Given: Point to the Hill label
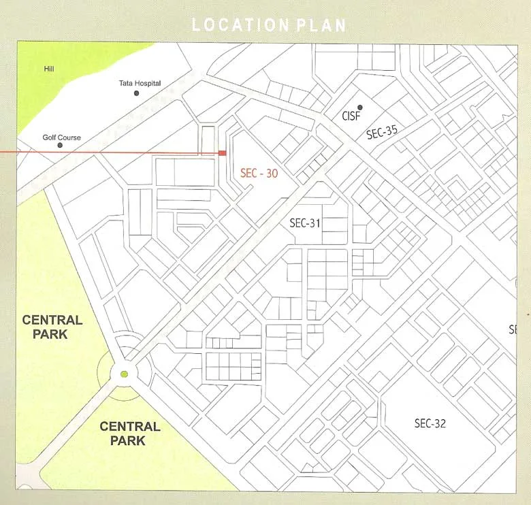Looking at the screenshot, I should [x=48, y=69].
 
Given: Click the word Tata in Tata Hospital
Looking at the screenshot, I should [x=126, y=83].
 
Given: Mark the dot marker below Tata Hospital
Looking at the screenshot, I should [x=136, y=93].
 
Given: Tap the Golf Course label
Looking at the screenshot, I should [x=61, y=137].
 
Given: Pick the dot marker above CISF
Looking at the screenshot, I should [x=360, y=108].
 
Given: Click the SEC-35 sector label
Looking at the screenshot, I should [x=381, y=132].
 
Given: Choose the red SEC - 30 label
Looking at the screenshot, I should [x=259, y=174].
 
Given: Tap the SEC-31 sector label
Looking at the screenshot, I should [x=305, y=223].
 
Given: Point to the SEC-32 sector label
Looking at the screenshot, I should [x=430, y=423].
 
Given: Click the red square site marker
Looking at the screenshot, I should [x=222, y=153].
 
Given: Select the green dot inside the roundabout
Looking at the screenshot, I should [x=124, y=374].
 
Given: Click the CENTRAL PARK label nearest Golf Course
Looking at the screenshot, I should [x=52, y=327].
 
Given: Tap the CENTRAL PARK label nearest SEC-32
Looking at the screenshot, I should [x=130, y=434].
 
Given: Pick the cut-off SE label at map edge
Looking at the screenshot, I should [x=513, y=330].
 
